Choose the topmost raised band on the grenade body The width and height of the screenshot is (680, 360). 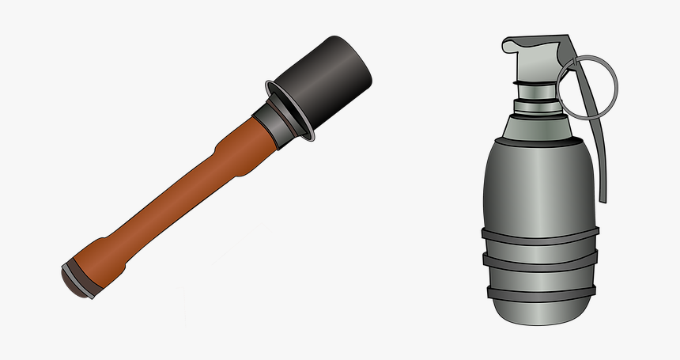(540, 234)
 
